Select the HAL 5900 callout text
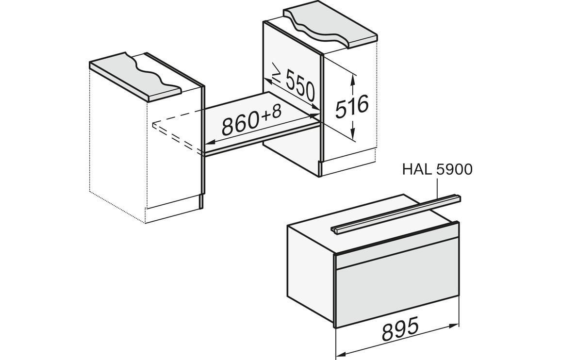(x=437, y=169)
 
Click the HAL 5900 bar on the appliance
(x=396, y=213)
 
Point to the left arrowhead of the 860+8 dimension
(x=209, y=143)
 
